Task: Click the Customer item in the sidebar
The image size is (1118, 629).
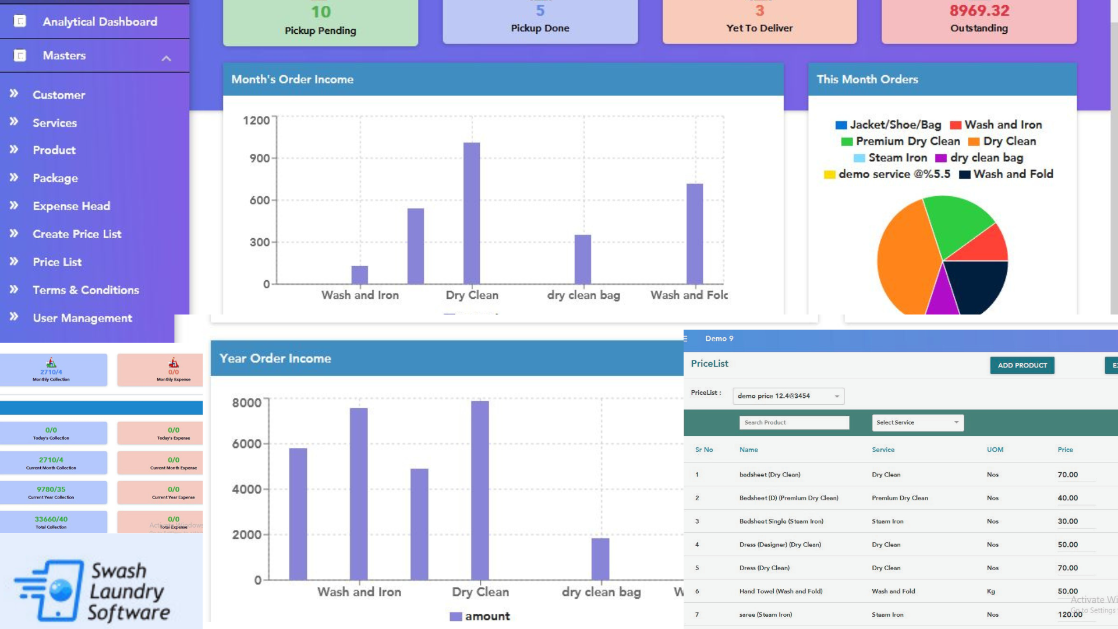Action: coord(58,95)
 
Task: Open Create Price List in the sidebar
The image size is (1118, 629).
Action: coord(77,234)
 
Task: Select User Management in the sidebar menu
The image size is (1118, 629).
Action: coord(82,318)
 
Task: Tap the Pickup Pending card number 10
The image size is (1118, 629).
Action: coord(320,12)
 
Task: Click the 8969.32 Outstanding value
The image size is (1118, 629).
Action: coord(979,10)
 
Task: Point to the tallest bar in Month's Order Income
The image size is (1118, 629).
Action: coord(471,213)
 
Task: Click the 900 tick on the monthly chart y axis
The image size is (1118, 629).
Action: coord(260,158)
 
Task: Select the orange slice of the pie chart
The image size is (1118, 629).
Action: coord(905,256)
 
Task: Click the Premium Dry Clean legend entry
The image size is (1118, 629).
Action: coord(907,142)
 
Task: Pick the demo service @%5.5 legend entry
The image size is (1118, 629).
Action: coord(894,174)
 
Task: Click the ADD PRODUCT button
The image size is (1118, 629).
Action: coord(1022,365)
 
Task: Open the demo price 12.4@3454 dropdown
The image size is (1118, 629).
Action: coord(788,396)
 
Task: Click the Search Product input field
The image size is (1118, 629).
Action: coord(794,423)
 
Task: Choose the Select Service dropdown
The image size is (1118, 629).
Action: coord(917,423)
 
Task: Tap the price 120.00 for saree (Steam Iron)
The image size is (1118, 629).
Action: coord(1070,614)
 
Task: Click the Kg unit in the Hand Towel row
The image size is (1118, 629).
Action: coord(990,591)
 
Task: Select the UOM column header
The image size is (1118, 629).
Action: coord(995,450)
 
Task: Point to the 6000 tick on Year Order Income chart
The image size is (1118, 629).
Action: coord(247,444)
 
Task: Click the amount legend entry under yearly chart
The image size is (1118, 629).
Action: coord(480,616)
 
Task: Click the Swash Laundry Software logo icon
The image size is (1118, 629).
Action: coord(49,589)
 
